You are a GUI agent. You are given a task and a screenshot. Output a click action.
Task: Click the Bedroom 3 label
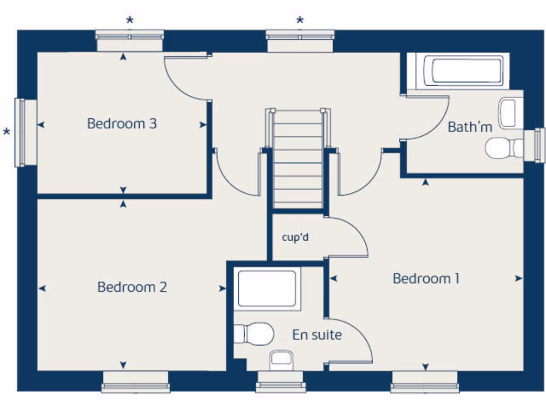click(122, 124)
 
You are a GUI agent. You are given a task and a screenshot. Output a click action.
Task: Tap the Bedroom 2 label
click(132, 287)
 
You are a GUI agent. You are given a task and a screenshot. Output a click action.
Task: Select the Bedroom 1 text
click(425, 279)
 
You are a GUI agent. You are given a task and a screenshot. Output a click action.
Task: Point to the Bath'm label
click(469, 127)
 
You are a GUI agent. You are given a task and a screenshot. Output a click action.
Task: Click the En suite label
click(317, 335)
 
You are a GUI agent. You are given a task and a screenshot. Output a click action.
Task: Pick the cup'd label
click(295, 237)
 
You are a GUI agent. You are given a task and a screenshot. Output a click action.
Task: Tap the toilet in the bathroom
click(503, 148)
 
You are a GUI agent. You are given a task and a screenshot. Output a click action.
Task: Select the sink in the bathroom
click(509, 113)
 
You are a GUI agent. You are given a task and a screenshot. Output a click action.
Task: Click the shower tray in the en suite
click(267, 289)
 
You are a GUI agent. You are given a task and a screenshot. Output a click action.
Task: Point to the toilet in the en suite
click(255, 334)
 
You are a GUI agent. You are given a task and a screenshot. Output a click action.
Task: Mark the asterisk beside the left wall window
click(6, 132)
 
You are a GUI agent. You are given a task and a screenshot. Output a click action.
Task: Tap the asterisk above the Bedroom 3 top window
click(130, 21)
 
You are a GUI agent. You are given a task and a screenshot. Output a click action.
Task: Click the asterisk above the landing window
click(300, 21)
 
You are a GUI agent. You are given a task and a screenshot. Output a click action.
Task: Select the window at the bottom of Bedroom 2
click(135, 382)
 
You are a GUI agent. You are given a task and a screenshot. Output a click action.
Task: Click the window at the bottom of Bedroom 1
click(424, 382)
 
